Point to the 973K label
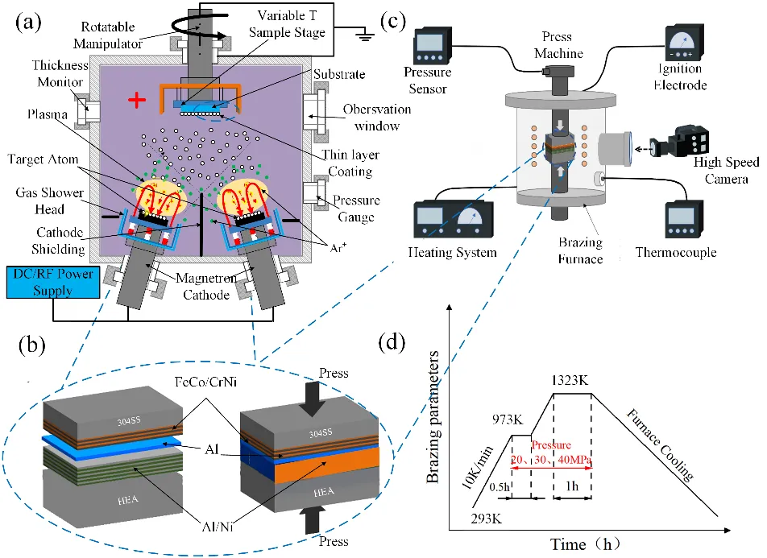[x=504, y=419]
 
